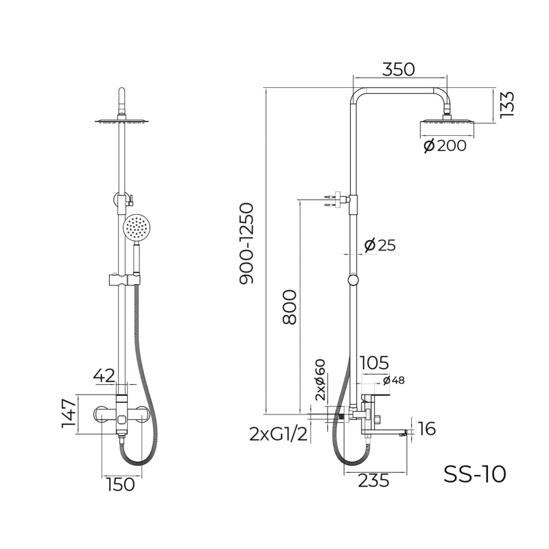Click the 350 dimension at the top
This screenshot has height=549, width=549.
tap(398, 69)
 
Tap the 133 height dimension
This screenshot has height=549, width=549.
tap(506, 105)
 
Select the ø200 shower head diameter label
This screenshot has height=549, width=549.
tap(445, 145)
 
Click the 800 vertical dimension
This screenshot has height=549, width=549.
tap(290, 307)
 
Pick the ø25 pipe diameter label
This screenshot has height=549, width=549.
tap(380, 245)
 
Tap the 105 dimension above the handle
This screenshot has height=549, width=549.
tap(374, 363)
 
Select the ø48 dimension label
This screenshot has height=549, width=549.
tap(393, 380)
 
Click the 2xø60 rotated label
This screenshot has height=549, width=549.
tap(320, 380)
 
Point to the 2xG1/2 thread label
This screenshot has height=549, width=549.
tap(279, 434)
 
